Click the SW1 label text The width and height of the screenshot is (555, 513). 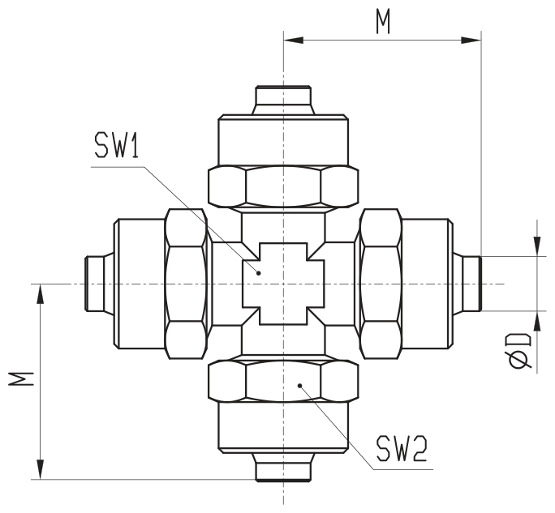click(x=117, y=144)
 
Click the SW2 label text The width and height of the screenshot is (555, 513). click(x=402, y=448)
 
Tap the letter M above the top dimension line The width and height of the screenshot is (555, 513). click(x=383, y=22)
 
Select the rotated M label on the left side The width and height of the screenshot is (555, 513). click(x=21, y=378)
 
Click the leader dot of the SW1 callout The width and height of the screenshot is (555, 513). click(x=259, y=273)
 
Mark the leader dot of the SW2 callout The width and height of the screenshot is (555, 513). click(x=299, y=386)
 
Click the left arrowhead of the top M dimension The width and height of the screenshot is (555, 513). click(x=294, y=41)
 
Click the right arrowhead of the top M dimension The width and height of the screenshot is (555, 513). click(x=471, y=41)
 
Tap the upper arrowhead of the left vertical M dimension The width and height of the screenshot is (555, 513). click(x=41, y=294)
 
